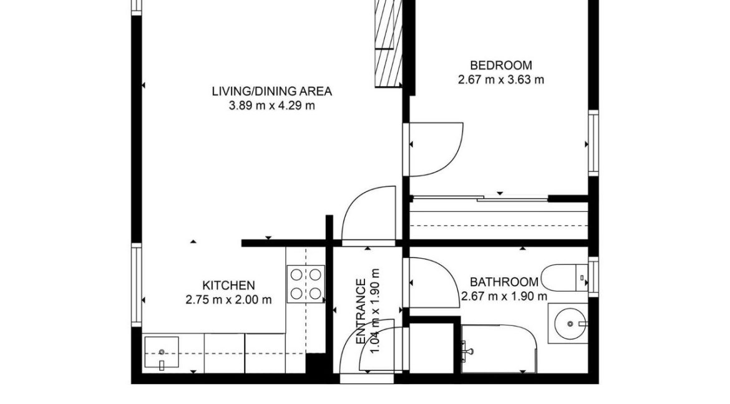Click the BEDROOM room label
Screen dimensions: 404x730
500,65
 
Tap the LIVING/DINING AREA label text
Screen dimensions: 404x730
271,91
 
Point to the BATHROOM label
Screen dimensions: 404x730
504,282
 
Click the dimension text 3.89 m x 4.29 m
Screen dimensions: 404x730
271,105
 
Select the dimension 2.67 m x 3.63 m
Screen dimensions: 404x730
500,79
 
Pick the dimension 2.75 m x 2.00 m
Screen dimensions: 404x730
228,299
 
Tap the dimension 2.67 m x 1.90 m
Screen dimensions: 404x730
504,296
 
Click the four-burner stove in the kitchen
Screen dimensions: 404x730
306,283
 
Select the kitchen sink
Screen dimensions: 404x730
162,353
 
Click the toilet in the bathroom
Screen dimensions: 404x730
564,277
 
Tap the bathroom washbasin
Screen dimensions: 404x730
568,323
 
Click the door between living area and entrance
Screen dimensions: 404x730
368,215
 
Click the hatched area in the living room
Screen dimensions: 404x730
387,44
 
